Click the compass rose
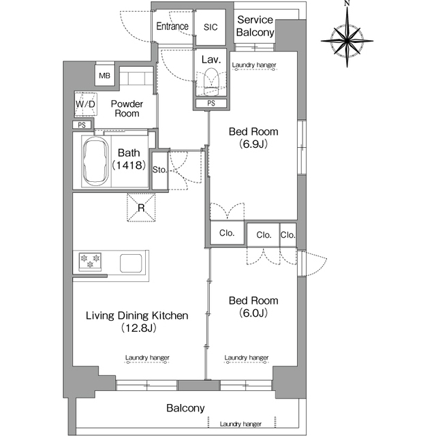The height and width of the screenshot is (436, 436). tap(347, 41)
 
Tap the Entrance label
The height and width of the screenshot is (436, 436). tap(172, 27)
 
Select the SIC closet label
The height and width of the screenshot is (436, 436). tap(211, 27)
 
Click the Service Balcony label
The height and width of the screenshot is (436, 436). tap(255, 26)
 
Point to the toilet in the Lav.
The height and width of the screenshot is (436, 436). tap(211, 82)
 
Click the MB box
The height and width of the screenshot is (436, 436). tap(104, 76)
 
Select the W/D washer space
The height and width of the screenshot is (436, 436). tap(86, 104)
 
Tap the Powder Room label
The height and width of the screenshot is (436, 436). tap(127, 108)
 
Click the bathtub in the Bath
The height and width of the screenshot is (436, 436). tap(95, 161)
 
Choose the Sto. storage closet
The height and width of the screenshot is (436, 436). tap(160, 170)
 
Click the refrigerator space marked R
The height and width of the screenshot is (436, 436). tap(141, 207)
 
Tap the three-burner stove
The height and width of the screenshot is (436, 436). tap(90, 262)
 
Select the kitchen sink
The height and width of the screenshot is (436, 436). tap(131, 263)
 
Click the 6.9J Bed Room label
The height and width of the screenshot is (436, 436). tap(253, 138)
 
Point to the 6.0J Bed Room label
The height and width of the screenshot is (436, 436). tap(253, 307)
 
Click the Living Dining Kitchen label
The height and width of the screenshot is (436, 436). tap(137, 322)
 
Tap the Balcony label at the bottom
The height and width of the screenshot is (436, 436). tap(185, 408)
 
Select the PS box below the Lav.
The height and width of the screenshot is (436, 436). tap(211, 104)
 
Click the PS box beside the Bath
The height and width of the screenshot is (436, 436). tap(82, 125)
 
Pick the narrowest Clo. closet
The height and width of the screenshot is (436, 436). tap(287, 235)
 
